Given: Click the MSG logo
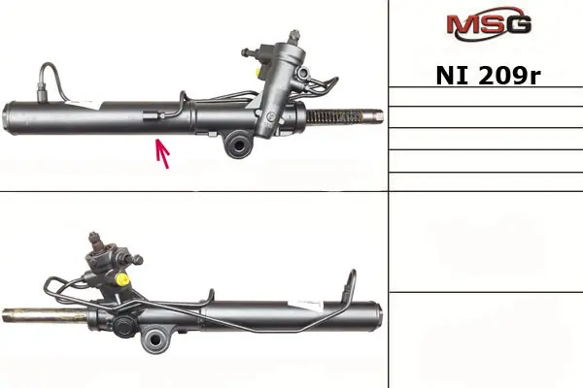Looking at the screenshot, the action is (x=489, y=23).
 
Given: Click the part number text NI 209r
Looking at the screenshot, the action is (x=488, y=76).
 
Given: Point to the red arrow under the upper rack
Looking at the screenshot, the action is (x=162, y=153).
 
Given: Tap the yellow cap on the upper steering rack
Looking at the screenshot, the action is (x=257, y=71).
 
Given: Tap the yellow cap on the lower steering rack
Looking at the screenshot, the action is (x=122, y=278).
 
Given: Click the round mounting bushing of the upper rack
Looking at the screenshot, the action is (x=238, y=145).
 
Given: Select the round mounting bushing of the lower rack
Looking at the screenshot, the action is (x=156, y=339).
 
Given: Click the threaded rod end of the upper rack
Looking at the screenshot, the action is (x=345, y=116).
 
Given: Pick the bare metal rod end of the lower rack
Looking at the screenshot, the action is (x=45, y=315).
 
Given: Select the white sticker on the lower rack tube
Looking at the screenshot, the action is (x=306, y=305).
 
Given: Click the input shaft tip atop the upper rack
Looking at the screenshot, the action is (x=294, y=35).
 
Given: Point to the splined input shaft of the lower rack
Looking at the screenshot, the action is (x=95, y=241).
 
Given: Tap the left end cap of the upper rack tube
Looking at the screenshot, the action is (x=10, y=117).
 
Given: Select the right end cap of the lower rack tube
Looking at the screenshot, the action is (x=376, y=317).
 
